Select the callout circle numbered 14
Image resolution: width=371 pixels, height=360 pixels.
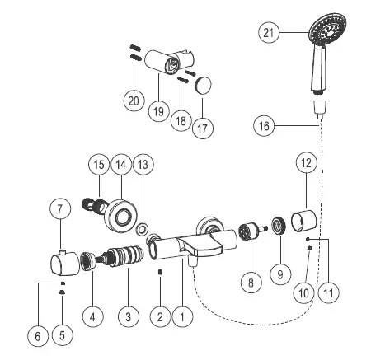(x=121, y=165)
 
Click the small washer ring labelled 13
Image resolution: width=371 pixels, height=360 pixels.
(x=143, y=227)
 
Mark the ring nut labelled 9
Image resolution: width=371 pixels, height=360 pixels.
(x=279, y=227)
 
